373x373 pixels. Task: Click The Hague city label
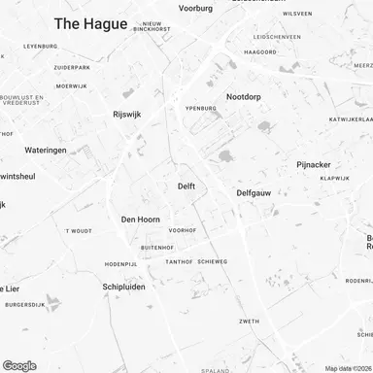[x=90, y=23]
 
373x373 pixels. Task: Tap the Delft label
[x=187, y=186]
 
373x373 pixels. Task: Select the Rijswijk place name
[x=128, y=114]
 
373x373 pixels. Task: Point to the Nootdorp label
[x=246, y=97]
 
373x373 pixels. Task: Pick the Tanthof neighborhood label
[x=179, y=262]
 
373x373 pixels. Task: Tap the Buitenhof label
[x=157, y=248]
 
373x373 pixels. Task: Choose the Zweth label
[x=250, y=321]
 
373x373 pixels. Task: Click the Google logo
[x=19, y=365]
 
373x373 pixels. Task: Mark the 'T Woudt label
[x=78, y=231]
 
